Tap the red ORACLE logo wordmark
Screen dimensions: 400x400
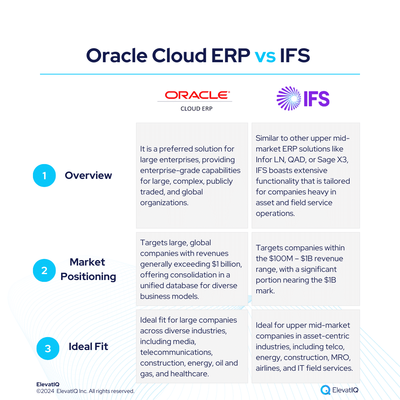click(x=197, y=95)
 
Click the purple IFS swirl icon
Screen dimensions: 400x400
click(x=289, y=99)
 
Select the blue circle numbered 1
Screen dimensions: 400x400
click(x=44, y=176)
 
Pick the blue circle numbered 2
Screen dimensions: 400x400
click(x=44, y=270)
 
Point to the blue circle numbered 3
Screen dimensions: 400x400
click(x=48, y=349)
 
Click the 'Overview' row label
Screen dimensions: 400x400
click(x=88, y=176)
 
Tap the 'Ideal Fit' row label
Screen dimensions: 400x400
click(x=88, y=347)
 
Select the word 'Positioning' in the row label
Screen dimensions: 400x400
click(x=88, y=277)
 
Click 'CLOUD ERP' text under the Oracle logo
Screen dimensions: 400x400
click(x=196, y=109)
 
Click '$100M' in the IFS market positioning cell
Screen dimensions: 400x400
click(x=281, y=259)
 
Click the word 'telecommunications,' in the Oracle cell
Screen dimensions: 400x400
click(x=176, y=352)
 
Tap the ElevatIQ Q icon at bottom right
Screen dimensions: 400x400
click(x=326, y=390)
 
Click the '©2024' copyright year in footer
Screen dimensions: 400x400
click(x=46, y=391)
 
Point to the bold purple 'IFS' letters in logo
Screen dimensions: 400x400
click(x=317, y=99)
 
